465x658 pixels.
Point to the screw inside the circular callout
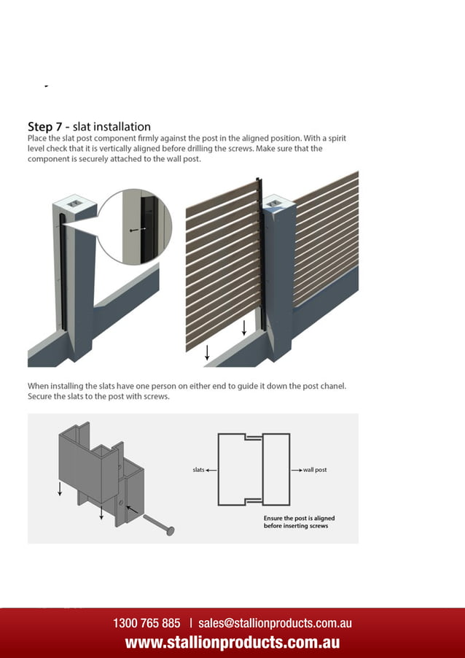(x=136, y=229)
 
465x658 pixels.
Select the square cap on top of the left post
(x=75, y=201)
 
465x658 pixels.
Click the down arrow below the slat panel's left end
(x=208, y=352)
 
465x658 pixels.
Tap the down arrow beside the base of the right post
(x=244, y=327)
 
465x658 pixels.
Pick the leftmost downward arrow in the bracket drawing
(x=60, y=488)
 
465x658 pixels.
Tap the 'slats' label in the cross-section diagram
(x=198, y=470)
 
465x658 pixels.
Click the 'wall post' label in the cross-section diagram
(x=315, y=470)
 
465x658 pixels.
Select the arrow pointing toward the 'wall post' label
(x=297, y=470)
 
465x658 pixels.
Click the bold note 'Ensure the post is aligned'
(x=299, y=518)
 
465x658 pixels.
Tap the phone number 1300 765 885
(x=146, y=624)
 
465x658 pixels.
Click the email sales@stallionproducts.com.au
(x=275, y=624)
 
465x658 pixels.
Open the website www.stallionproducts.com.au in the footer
(x=232, y=643)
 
